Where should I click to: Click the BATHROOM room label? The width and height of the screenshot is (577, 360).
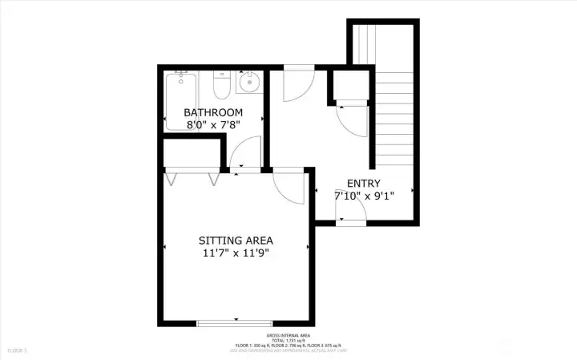[x=213, y=112]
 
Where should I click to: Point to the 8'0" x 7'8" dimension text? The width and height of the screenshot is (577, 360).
[x=213, y=124]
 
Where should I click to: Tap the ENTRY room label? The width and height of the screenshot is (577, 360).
[x=364, y=183]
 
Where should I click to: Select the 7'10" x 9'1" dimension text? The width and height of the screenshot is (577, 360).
[x=364, y=196]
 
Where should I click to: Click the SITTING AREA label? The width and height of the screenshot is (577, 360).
[x=236, y=241]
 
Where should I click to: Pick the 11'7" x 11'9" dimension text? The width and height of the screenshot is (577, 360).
[x=236, y=253]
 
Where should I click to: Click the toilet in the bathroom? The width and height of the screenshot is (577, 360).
[x=222, y=83]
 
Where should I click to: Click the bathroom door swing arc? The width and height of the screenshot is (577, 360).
[x=247, y=152]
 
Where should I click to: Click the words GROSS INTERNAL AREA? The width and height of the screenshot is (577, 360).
[x=288, y=335]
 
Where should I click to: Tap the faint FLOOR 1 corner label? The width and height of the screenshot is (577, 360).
[x=17, y=350]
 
